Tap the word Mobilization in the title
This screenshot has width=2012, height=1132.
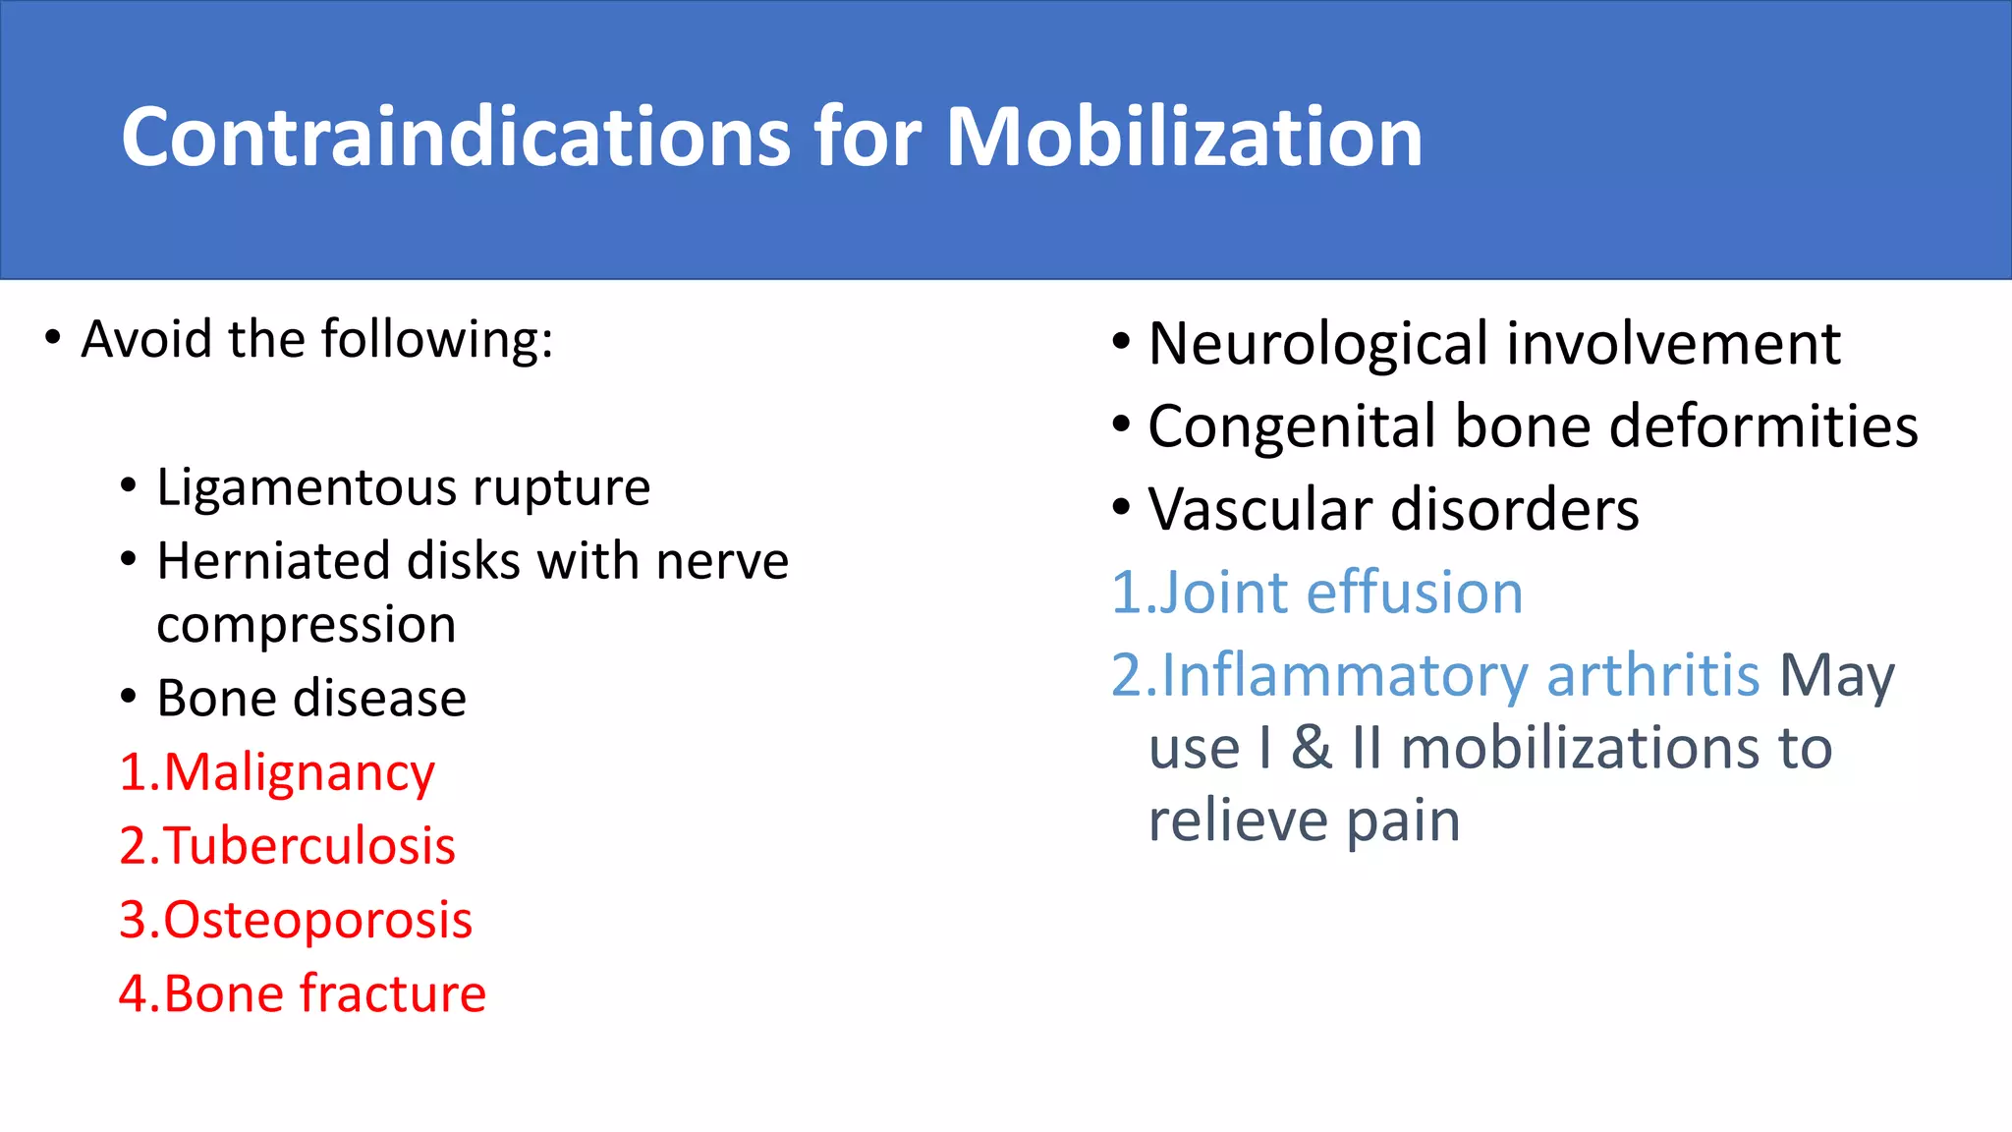[x=1183, y=137]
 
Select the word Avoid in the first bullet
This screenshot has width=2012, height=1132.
[x=146, y=340]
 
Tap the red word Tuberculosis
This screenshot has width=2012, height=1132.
[x=309, y=846]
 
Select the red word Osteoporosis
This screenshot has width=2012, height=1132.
[x=317, y=920]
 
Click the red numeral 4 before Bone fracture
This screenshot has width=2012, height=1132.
[x=133, y=993]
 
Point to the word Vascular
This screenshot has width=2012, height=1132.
[x=1260, y=510]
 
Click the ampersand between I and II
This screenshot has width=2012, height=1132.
[x=1311, y=749]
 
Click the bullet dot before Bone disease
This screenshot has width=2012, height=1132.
[x=129, y=698]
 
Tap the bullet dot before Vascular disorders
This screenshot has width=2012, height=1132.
[x=1121, y=509]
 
